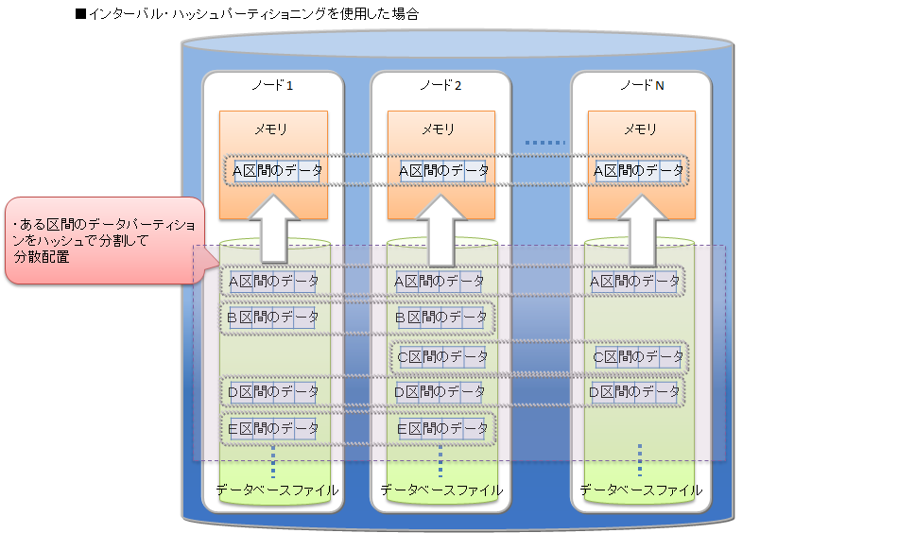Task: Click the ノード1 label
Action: [x=272, y=86]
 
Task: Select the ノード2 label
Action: [x=440, y=86]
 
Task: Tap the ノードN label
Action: [x=641, y=86]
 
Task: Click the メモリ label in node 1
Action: [x=272, y=129]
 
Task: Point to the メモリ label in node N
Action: [x=641, y=129]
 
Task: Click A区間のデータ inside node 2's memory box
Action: [x=443, y=171]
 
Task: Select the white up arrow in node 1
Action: [x=273, y=228]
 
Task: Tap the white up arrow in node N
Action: [x=642, y=228]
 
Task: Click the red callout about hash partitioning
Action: [x=104, y=240]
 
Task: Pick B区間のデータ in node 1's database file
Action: [x=273, y=318]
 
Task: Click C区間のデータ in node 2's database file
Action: [x=443, y=357]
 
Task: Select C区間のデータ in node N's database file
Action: [x=638, y=357]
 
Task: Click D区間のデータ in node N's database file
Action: [x=635, y=391]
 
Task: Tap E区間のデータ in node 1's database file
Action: [x=273, y=429]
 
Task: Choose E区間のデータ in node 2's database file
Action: [x=441, y=429]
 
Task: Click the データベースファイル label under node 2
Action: [x=441, y=490]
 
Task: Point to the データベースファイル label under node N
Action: [x=641, y=490]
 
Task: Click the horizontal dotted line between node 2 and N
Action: [x=544, y=144]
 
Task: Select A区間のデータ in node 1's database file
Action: [x=273, y=281]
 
